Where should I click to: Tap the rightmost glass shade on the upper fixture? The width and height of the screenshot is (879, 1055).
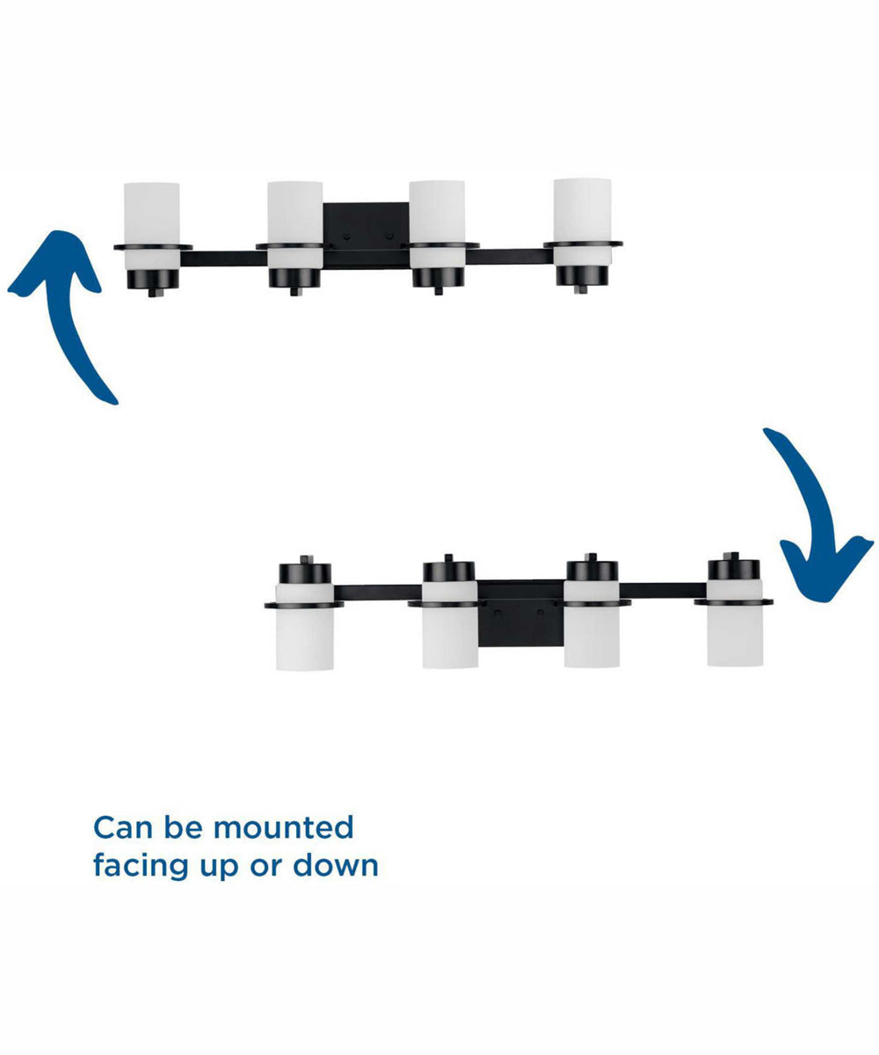pos(583,222)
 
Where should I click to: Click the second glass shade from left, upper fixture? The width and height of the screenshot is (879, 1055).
pos(295,225)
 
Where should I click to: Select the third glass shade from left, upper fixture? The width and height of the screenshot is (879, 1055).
pos(437,224)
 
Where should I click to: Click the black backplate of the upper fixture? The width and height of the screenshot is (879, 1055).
pos(366,236)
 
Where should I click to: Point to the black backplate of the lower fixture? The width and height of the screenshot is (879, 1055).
pos(521,614)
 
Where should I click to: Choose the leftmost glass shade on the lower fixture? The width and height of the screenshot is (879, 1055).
pos(305,627)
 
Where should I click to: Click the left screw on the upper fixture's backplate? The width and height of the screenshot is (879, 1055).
pos(346,236)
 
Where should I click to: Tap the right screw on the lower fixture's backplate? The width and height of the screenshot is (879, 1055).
pos(541,613)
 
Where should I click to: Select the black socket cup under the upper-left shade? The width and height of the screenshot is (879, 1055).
pos(153,280)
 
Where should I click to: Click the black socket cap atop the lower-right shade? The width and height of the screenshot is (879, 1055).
pos(733,570)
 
